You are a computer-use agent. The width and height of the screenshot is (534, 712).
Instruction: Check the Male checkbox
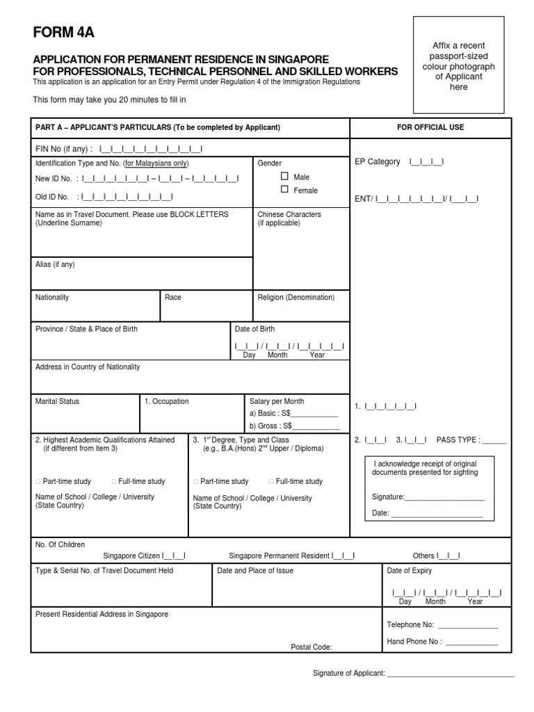point(284,177)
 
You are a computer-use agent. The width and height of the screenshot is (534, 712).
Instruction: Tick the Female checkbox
point(284,189)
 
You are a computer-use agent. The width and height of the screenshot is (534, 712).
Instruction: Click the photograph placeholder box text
point(458,67)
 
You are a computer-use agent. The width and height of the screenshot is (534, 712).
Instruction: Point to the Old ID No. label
point(52,197)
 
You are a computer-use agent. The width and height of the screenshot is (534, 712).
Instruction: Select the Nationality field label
point(52,297)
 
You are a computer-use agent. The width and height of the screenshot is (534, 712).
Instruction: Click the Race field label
point(173,297)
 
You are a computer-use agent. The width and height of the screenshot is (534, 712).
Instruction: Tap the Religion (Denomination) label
point(296,297)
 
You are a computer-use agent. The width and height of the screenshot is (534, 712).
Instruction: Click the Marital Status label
point(57,401)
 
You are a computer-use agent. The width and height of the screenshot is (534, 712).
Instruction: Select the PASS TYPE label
point(458,440)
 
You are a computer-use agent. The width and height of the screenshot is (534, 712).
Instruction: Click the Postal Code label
point(311,647)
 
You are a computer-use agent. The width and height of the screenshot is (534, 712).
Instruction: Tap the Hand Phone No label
point(414,641)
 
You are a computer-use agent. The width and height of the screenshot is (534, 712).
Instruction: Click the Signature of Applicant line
point(450,674)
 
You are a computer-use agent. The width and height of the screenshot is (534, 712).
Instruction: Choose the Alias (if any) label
point(55,264)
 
